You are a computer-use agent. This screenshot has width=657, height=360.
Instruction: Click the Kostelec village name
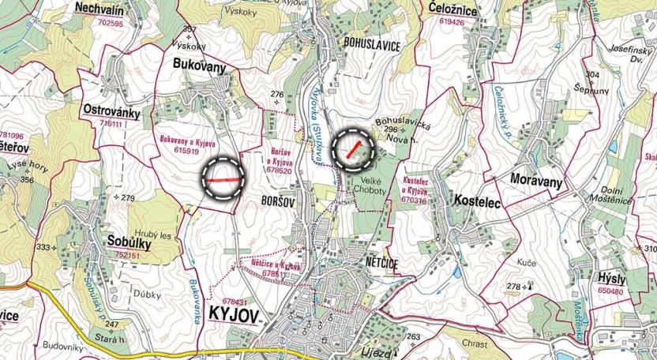coord(478,201)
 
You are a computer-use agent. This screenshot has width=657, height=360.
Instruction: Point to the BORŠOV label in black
coord(276,202)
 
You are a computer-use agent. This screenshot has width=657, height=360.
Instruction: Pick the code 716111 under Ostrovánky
coord(111,124)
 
